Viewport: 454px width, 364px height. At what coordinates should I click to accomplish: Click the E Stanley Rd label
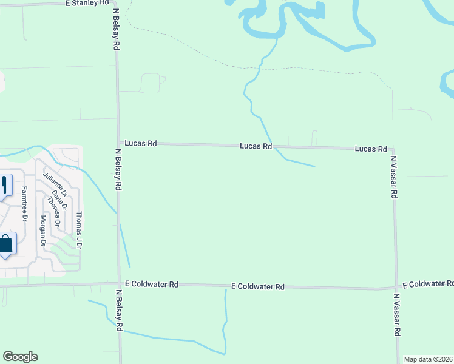click(90, 4)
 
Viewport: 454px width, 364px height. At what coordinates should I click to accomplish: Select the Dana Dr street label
click(58, 200)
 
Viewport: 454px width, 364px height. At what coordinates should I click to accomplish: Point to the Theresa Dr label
click(53, 214)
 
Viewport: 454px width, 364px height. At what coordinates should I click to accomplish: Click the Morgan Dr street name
click(43, 230)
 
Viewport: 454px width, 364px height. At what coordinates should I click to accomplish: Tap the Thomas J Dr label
click(79, 231)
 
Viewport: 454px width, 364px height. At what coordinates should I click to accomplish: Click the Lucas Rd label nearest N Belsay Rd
click(141, 144)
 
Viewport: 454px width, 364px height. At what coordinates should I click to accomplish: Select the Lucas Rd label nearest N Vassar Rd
click(371, 149)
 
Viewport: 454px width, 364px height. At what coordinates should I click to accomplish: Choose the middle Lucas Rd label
click(256, 146)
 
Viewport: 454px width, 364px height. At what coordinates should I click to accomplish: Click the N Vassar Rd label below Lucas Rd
click(393, 177)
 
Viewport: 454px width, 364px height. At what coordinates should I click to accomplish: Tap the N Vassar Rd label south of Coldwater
click(398, 315)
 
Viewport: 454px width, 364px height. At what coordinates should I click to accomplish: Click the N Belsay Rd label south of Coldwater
click(120, 309)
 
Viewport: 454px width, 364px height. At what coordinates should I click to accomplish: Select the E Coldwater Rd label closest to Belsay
click(152, 284)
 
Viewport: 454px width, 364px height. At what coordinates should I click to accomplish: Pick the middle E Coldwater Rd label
click(258, 286)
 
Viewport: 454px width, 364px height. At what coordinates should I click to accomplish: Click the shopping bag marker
click(5, 245)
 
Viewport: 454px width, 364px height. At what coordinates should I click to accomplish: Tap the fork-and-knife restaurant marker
click(5, 184)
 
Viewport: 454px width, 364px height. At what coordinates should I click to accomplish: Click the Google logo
click(20, 357)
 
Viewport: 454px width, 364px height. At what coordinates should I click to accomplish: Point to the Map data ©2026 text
click(429, 359)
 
